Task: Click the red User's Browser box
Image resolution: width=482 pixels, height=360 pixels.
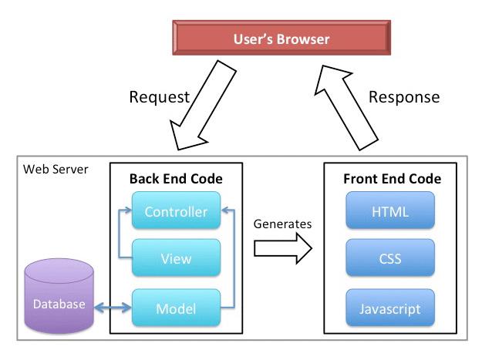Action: coord(281,38)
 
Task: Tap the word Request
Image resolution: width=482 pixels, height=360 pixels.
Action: coord(159,97)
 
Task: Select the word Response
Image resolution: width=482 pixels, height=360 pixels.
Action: coord(404,97)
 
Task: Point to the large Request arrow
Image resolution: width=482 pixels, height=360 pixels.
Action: coord(204,105)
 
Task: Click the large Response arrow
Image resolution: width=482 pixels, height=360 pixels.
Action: coord(346,107)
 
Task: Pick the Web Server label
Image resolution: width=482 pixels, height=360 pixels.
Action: coord(56,170)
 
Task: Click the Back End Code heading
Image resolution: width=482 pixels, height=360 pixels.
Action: coord(176,179)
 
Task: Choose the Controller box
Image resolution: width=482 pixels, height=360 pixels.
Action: coord(176,210)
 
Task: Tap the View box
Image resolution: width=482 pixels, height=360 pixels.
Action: coord(176,257)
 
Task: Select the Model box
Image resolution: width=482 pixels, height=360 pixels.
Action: coord(176,308)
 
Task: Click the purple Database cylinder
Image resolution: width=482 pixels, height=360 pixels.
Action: coord(59,296)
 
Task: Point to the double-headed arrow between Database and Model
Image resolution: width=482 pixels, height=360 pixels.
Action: coord(113,308)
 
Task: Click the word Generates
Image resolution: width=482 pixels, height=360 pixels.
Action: coord(282,224)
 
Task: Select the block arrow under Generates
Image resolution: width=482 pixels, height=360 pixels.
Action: coord(283,248)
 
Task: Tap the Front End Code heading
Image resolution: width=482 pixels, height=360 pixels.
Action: coord(393,179)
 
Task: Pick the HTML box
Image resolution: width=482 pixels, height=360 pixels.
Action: coord(390,210)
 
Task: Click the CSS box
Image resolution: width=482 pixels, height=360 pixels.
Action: coord(390,257)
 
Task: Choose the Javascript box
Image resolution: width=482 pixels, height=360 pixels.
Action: coord(390,308)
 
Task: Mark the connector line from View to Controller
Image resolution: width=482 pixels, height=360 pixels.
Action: coord(119,234)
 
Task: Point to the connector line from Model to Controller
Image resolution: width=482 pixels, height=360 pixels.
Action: coord(234,259)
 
